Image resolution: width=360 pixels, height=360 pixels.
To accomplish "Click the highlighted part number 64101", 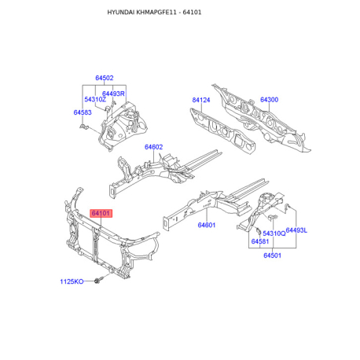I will point(101,213).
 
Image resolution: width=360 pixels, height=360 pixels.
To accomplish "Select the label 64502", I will point(105,79).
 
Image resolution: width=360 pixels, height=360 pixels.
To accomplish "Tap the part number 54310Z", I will point(94,100).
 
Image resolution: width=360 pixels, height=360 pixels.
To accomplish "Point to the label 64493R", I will point(114,94).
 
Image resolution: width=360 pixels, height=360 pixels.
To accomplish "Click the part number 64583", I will point(83,112).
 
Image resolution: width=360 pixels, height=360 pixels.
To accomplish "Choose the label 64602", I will point(153,147).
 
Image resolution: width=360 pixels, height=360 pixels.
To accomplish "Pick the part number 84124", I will point(202,100).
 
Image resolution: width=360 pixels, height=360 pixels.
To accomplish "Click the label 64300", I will point(269,100).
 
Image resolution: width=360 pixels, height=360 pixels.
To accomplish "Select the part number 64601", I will point(207,226).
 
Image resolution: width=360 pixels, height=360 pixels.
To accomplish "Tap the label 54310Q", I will point(274,233).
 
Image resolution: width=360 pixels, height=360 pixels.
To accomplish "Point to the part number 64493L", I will point(296,230).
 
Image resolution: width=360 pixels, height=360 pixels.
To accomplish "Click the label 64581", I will point(260,241).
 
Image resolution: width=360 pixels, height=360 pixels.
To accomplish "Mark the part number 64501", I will point(273,255).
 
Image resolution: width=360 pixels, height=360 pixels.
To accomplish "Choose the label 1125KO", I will point(72,281).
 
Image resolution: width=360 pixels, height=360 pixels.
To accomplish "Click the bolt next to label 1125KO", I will point(96,281).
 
